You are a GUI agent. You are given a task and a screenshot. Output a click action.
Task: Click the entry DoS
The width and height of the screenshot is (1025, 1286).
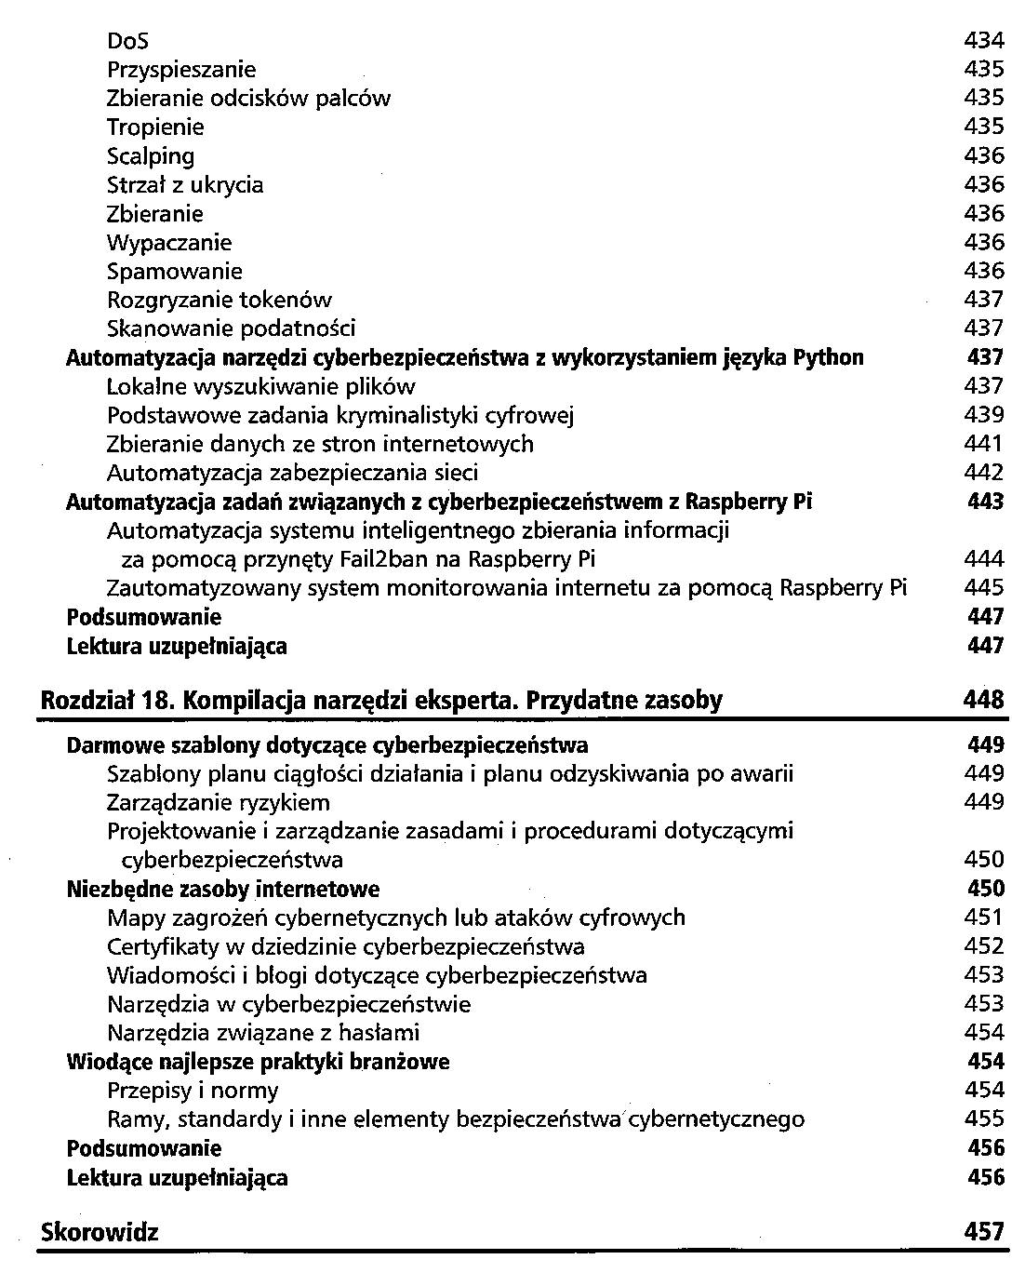[127, 41]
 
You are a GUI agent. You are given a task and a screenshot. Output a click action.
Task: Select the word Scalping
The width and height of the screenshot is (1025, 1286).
[151, 156]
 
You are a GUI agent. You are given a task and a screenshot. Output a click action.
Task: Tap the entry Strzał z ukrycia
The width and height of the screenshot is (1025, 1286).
[185, 185]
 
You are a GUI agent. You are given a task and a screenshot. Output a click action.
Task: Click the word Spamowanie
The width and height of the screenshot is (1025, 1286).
[175, 272]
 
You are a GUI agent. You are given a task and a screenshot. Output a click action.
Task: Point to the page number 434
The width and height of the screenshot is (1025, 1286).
[984, 41]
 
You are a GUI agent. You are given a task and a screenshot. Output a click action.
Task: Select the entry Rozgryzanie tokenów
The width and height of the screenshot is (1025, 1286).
[220, 301]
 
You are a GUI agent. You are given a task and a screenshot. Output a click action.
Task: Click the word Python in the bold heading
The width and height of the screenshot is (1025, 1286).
[828, 358]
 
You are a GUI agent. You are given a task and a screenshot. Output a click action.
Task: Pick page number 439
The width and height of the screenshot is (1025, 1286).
[984, 415]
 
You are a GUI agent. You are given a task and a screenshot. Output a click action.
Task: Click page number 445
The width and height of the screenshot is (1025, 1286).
[984, 588]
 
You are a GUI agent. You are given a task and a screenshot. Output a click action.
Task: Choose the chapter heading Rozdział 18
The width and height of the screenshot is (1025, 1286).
[108, 701]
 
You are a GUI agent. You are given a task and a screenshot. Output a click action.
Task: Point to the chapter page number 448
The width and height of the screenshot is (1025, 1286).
[984, 701]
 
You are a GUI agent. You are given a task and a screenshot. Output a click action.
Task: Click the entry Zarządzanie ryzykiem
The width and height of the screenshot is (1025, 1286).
[219, 803]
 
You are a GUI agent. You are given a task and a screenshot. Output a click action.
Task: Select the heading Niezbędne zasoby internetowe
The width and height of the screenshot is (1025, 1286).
[223, 890]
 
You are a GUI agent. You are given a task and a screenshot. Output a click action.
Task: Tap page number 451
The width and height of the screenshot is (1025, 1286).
[984, 918]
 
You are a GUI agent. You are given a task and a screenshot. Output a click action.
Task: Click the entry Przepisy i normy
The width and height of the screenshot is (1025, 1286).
[193, 1091]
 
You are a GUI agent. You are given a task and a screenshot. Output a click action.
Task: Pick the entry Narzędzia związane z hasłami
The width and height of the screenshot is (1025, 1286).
[263, 1033]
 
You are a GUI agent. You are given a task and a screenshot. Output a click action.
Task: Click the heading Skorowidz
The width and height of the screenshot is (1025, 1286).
[100, 1233]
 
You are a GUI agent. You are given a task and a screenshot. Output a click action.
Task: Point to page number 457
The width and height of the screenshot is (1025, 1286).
[984, 1233]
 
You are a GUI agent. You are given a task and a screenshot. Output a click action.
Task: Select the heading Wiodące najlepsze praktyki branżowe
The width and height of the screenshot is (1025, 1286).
[259, 1062]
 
